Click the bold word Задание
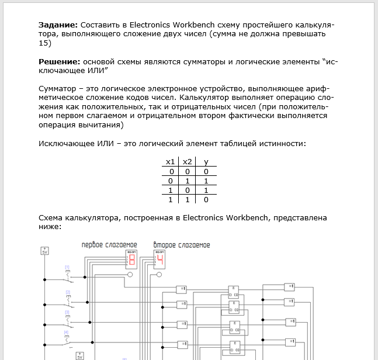57,26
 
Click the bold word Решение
59,61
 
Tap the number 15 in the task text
44,43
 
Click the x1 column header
170,162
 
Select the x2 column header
188,162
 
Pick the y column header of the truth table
206,162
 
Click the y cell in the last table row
206,200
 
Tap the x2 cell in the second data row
188,181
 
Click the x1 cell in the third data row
171,191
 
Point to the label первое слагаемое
109,244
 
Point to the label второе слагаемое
182,244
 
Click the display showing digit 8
131,259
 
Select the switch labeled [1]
68,274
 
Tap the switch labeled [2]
68,299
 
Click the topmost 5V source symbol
45,251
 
